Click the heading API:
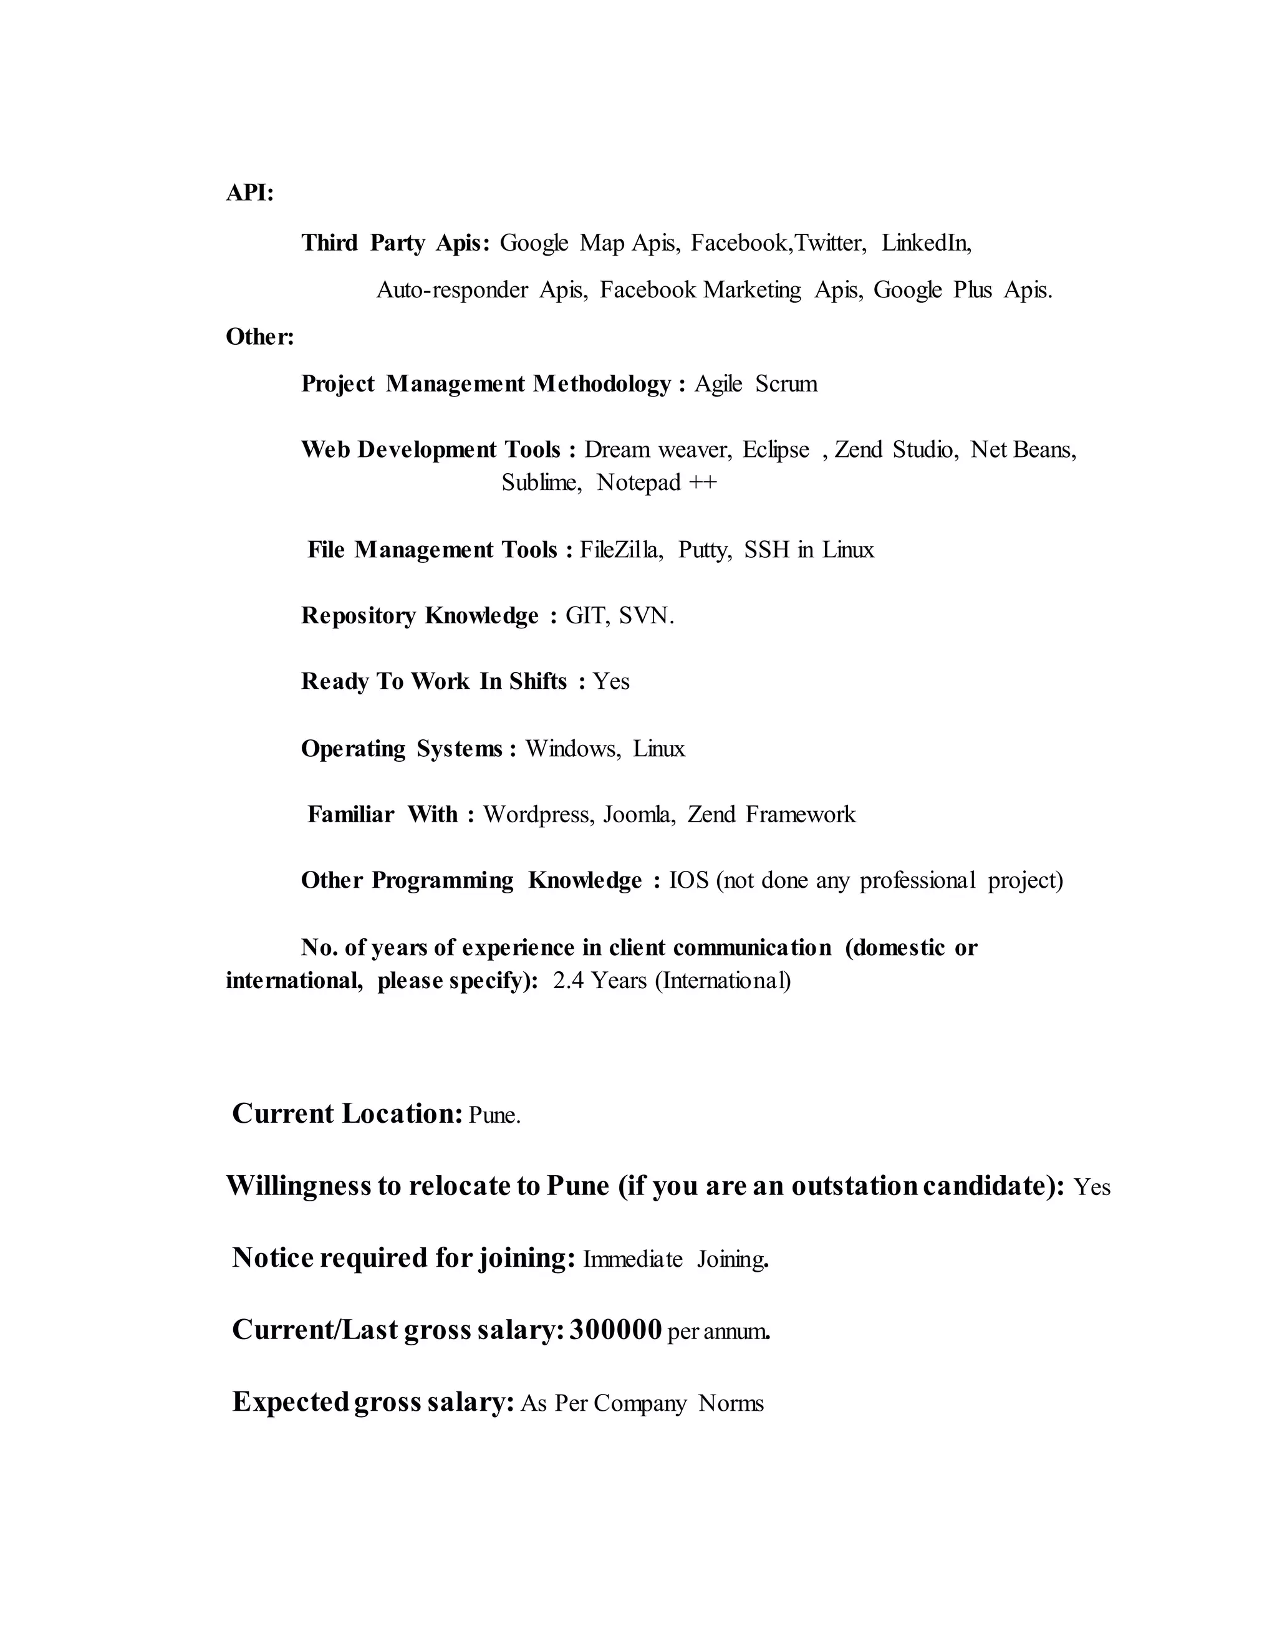tap(249, 193)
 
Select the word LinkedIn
tap(926, 243)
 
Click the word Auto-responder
tap(451, 290)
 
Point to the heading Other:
tap(259, 337)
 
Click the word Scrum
tap(786, 384)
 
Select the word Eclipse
tap(776, 450)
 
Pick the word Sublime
tap(541, 483)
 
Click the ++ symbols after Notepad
tap(702, 483)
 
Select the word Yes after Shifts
tap(610, 681)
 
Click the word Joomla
tap(638, 815)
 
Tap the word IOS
tap(688, 880)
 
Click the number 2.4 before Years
tap(568, 981)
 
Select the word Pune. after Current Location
tap(494, 1116)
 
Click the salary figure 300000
tap(615, 1330)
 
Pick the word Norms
tap(731, 1403)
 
